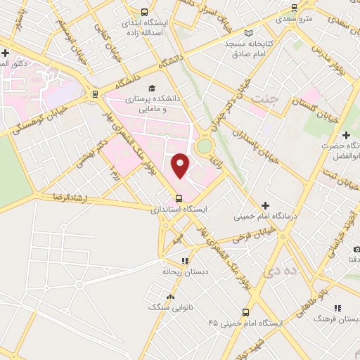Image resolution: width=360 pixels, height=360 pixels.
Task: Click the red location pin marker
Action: pyautogui.click(x=181, y=165)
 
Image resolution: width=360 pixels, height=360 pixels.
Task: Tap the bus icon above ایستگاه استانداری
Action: pyautogui.click(x=179, y=198)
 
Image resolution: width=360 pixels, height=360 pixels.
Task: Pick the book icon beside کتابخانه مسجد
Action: pyautogui.click(x=247, y=32)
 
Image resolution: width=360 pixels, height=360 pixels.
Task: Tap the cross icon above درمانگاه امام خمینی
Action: pyautogui.click(x=265, y=205)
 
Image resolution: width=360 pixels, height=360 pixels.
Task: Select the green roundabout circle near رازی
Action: pyautogui.click(x=205, y=146)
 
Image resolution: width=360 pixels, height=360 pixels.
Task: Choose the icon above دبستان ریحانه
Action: pyautogui.click(x=185, y=261)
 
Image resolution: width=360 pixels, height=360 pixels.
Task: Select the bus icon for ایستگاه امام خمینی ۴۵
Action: pyautogui.click(x=245, y=312)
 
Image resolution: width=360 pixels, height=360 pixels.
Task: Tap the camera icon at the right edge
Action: pyautogui.click(x=356, y=250)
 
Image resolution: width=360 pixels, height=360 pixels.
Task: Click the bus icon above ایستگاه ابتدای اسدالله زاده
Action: pyautogui.click(x=144, y=12)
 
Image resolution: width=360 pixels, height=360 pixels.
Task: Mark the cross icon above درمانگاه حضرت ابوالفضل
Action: pyautogui.click(x=345, y=135)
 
